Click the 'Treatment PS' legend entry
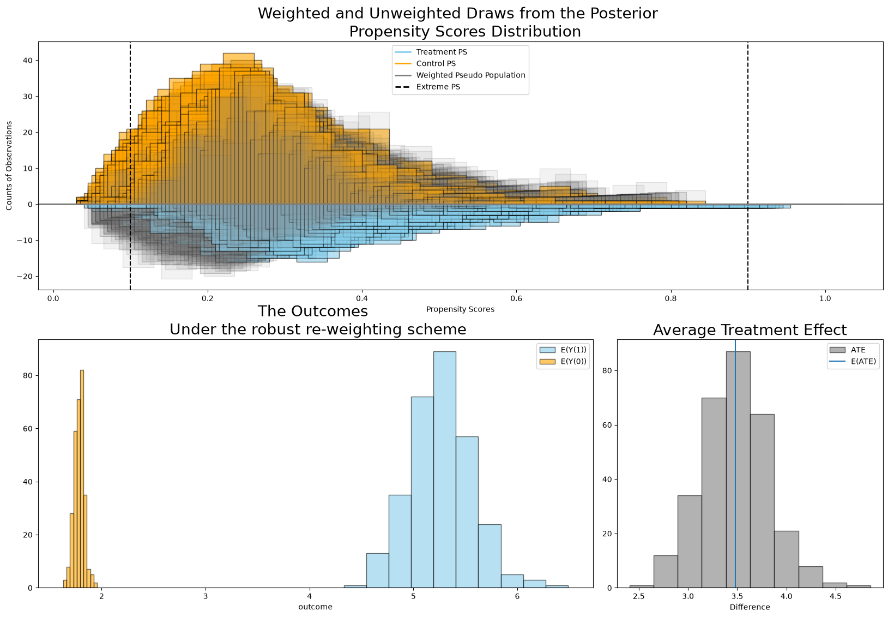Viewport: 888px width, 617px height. click(x=431, y=52)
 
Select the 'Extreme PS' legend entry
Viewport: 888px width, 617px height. click(x=427, y=87)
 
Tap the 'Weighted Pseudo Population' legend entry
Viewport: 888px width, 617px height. click(x=460, y=75)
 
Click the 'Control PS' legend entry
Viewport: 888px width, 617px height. click(x=425, y=63)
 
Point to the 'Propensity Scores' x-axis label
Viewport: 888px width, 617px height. click(x=460, y=309)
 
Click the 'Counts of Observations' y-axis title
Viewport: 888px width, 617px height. click(x=9, y=165)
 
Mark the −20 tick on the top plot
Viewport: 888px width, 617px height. click(x=25, y=277)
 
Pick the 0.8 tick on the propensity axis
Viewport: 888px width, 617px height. click(x=670, y=298)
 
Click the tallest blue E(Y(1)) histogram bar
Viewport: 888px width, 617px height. click(x=444, y=469)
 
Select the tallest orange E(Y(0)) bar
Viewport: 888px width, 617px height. click(x=82, y=479)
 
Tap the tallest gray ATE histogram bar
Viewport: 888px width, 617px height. click(x=738, y=469)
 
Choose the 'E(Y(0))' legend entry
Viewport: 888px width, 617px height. click(x=563, y=362)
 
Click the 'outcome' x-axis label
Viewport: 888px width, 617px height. click(x=315, y=607)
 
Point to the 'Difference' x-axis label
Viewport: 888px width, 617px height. click(x=750, y=607)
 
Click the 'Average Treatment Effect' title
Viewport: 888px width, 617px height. click(x=750, y=330)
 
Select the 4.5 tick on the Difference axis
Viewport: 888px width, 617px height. click(x=835, y=596)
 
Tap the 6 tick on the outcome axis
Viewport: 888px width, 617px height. click(x=517, y=596)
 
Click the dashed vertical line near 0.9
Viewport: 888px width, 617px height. click(x=748, y=166)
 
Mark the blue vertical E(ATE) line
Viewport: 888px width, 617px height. click(x=735, y=464)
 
